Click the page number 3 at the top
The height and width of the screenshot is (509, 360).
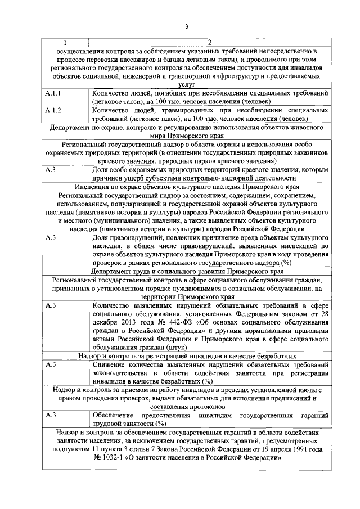(186, 25)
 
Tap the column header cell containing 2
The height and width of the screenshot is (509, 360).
(208, 43)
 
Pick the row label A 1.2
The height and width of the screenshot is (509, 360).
(53, 110)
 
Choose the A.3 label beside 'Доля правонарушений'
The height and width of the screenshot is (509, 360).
(51, 237)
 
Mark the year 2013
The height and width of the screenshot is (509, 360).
(121, 322)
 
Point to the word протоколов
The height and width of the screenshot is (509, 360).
(210, 407)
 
